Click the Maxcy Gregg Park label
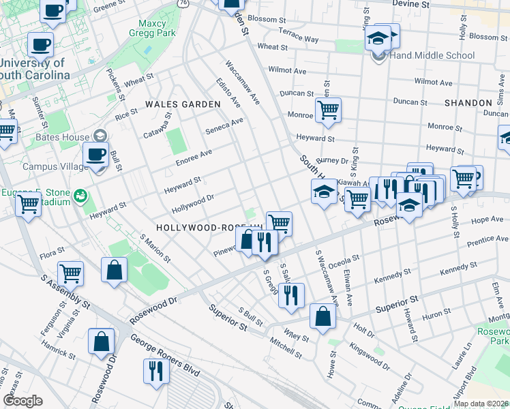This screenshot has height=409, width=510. click(153, 27)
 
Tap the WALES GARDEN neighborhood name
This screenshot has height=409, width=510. click(183, 104)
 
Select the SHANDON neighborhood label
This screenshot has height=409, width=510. click(468, 102)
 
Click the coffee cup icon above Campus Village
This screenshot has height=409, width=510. click(96, 154)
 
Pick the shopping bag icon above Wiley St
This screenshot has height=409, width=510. click(322, 317)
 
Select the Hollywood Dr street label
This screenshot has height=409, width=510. click(193, 203)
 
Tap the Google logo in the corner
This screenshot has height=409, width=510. click(22, 401)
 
